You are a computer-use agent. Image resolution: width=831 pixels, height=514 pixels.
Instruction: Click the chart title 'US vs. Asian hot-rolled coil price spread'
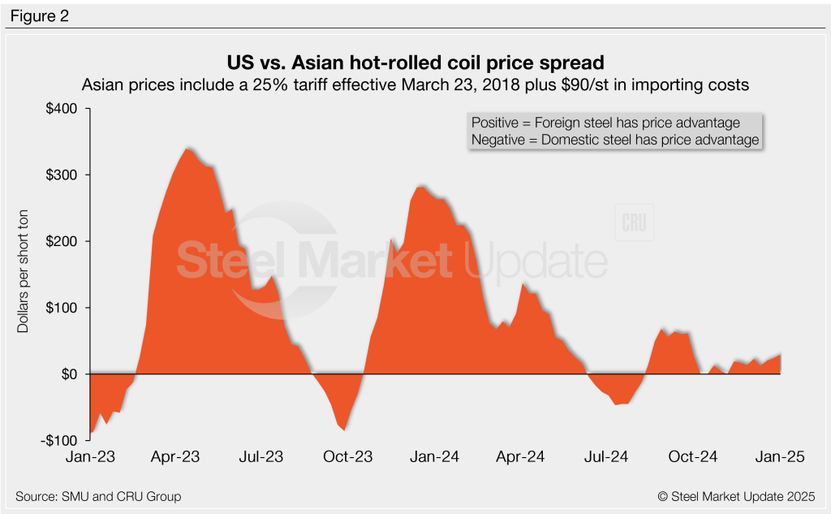click(x=415, y=63)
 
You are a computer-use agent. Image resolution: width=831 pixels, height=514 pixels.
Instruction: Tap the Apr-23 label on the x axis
click(x=175, y=457)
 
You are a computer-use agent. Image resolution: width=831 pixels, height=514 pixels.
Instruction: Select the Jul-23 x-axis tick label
click(x=261, y=457)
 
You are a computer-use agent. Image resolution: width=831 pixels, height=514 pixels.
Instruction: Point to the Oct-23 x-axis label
click(x=348, y=457)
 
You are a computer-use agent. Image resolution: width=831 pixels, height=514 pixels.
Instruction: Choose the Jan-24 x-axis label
click(x=434, y=457)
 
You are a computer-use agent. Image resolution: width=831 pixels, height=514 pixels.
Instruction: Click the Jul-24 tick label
click(x=606, y=457)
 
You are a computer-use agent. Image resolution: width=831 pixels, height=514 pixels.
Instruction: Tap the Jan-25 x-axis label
click(x=780, y=457)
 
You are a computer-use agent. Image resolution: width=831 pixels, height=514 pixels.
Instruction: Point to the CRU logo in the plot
click(x=634, y=222)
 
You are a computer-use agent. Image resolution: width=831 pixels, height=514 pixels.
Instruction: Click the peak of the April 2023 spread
click(x=187, y=149)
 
